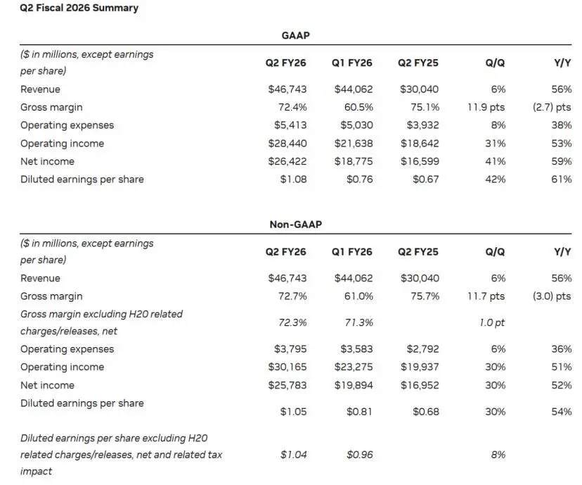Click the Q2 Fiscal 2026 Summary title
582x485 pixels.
[x=79, y=8]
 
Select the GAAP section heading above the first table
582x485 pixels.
[x=295, y=35]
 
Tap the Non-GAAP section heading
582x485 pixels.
[x=295, y=225]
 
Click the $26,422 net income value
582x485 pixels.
[x=287, y=161]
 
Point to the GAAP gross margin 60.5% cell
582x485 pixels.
[x=358, y=108]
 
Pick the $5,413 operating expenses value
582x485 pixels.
[x=290, y=125]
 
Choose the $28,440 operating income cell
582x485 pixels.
[x=287, y=144]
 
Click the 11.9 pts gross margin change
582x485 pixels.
[x=486, y=108]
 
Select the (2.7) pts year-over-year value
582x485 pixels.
[x=552, y=108]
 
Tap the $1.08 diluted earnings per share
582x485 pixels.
[x=293, y=179]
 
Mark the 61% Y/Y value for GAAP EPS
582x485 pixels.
[x=561, y=179]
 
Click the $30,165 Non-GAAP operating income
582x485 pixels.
[x=287, y=367]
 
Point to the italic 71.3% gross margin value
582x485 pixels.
[x=358, y=322]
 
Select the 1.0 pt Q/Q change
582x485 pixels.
[x=492, y=322]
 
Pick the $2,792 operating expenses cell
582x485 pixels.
[x=422, y=349]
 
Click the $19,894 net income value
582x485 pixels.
[x=354, y=385]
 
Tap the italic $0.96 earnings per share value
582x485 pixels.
[x=360, y=455]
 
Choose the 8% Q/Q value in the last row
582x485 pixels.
[x=498, y=455]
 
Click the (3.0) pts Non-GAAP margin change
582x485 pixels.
[x=552, y=296]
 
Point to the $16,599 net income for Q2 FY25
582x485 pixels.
[x=420, y=161]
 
